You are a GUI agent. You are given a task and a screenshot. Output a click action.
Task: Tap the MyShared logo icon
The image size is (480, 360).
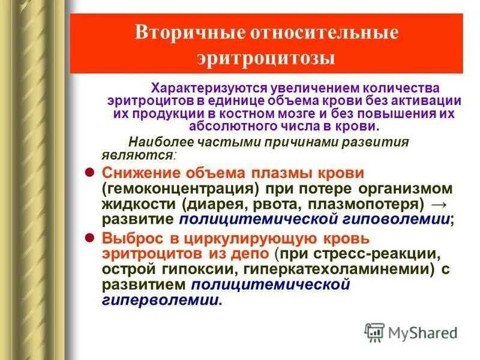point(375,331)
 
